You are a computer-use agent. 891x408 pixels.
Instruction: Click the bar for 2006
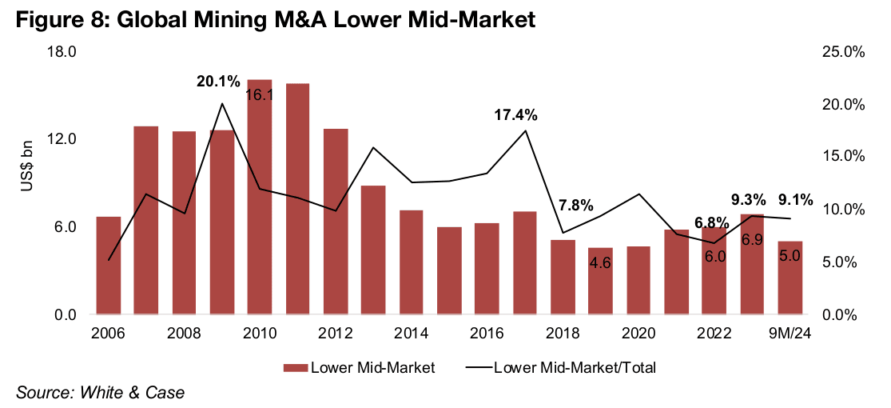pyautogui.click(x=109, y=266)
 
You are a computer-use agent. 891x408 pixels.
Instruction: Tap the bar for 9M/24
pyautogui.click(x=790, y=278)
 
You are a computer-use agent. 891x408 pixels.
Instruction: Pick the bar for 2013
pyautogui.click(x=373, y=250)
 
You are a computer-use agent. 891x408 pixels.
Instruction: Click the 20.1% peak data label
pyautogui.click(x=219, y=82)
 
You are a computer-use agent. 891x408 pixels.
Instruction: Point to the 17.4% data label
pyautogui.click(x=515, y=115)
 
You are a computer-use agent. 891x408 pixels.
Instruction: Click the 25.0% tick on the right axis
pyautogui.click(x=843, y=52)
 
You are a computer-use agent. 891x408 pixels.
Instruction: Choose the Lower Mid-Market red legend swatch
pyautogui.click(x=295, y=368)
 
